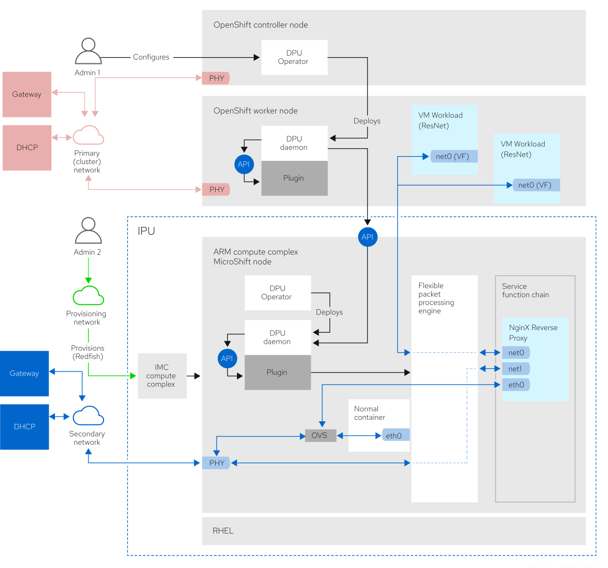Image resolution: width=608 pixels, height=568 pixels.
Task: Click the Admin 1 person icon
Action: [88, 51]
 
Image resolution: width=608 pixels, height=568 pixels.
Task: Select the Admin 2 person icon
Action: [88, 231]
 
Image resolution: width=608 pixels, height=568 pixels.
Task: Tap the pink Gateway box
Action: [27, 94]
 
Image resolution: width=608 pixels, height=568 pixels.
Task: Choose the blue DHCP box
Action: [25, 427]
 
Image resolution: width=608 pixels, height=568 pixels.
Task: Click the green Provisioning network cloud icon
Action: [88, 296]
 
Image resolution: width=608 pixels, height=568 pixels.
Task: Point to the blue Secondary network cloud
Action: [88, 416]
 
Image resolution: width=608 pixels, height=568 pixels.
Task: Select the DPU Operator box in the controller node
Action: [294, 57]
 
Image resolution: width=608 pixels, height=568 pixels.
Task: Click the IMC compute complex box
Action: [162, 376]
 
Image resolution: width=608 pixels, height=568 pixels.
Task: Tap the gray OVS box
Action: [320, 435]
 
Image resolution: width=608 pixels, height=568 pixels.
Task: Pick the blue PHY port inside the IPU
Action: [216, 463]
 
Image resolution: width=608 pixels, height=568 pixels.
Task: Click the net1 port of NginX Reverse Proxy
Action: [515, 369]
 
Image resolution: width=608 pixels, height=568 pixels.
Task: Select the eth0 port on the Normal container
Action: [395, 435]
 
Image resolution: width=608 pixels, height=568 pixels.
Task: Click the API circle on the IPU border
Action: [367, 237]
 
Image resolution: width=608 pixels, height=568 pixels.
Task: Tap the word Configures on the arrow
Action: [151, 57]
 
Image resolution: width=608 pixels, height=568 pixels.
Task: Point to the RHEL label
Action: [223, 531]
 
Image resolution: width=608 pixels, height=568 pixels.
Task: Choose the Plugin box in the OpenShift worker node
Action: [294, 178]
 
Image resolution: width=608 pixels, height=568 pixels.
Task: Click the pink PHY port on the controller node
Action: [216, 79]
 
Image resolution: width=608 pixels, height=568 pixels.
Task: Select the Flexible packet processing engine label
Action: [435, 298]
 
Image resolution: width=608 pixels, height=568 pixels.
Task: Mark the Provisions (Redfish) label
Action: [88, 352]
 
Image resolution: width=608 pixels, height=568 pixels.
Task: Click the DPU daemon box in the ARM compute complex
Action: [277, 337]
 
